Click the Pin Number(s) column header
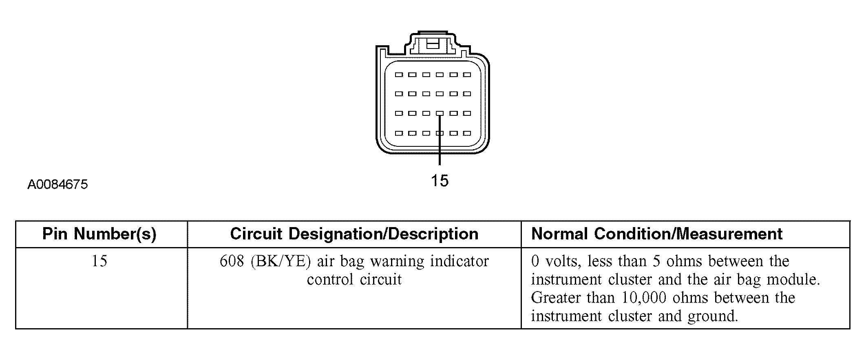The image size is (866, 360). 99,234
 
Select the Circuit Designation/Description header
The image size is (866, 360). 354,234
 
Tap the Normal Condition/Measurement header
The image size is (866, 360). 657,234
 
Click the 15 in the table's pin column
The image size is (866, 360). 99,261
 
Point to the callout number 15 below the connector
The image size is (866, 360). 440,180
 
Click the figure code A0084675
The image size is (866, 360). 57,185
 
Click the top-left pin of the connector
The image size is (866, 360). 399,75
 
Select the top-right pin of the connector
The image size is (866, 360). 467,75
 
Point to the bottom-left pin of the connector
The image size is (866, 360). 399,133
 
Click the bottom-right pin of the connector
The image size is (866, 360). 467,133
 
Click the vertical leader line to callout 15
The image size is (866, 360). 440,140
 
